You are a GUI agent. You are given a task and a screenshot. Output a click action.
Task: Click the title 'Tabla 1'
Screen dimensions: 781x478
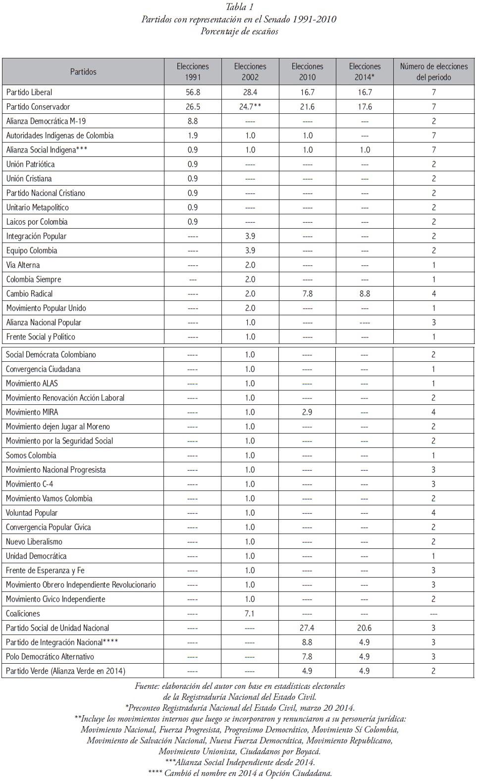coord(239,7)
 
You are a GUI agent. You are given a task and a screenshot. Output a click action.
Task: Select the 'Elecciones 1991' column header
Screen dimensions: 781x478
coord(193,72)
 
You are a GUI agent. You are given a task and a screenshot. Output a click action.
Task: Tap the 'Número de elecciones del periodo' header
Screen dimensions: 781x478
coord(433,72)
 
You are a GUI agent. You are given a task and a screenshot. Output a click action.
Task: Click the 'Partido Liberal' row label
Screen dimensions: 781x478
coord(29,93)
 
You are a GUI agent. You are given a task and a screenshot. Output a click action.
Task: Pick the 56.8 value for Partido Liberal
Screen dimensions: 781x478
coord(193,93)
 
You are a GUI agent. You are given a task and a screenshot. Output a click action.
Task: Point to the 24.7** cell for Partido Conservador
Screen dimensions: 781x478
coord(250,107)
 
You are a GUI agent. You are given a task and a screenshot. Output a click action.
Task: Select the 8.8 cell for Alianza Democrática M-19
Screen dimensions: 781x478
coord(193,121)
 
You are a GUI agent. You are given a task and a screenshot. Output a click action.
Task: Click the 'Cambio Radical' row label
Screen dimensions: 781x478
coord(29,294)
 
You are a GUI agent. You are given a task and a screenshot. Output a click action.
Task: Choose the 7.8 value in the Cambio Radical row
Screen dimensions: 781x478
coord(308,294)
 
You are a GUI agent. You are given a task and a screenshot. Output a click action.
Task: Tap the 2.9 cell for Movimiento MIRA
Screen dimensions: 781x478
coord(307,412)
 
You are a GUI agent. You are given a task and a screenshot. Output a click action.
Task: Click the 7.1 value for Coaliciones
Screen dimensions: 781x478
coord(250,614)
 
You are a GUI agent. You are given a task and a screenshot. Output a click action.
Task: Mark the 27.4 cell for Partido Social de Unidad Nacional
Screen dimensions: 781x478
coord(307,628)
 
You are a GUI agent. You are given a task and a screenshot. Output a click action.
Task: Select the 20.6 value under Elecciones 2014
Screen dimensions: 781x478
coord(365,628)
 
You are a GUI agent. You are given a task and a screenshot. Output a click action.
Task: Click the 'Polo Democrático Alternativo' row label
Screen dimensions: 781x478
coord(50,657)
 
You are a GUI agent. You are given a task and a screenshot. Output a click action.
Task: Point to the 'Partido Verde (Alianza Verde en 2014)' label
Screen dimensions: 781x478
coord(65,671)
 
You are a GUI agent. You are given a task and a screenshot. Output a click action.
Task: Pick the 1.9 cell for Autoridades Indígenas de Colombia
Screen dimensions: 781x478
coord(193,136)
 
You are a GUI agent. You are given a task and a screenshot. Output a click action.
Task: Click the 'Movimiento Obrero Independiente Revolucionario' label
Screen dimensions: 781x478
coord(81,585)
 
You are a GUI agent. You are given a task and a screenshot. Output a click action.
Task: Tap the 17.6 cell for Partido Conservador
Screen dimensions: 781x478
coord(365,107)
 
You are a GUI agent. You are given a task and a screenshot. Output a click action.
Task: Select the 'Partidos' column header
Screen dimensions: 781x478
coord(83,72)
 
